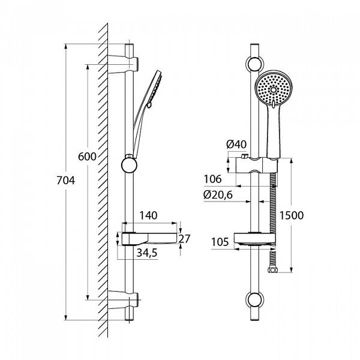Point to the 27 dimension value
pyautogui.click(x=184, y=238)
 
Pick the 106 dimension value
pyautogui.click(x=212, y=179)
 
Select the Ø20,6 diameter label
pyautogui.click(x=218, y=194)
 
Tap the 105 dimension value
pyautogui.click(x=220, y=242)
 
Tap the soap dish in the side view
pyautogui.click(x=150, y=237)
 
